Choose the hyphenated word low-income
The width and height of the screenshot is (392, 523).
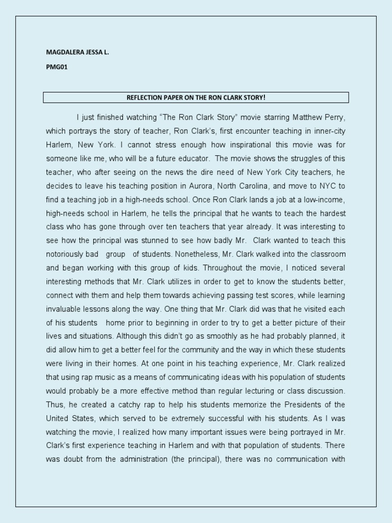click(325, 199)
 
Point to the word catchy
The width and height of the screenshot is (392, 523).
click(134, 404)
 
